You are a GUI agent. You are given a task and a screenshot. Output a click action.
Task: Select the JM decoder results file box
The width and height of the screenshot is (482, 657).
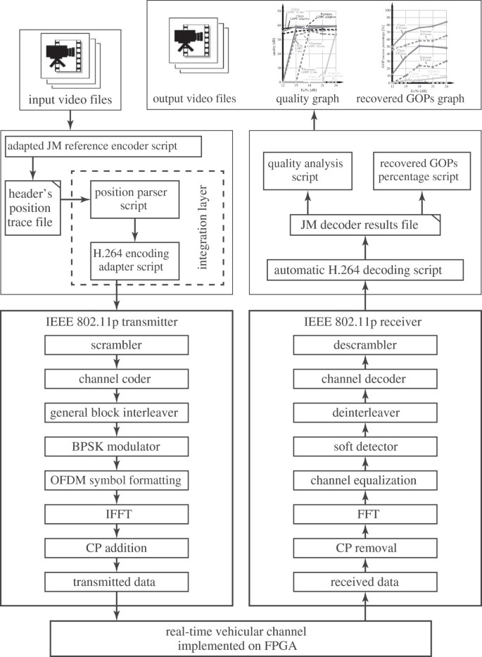point(361,225)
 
